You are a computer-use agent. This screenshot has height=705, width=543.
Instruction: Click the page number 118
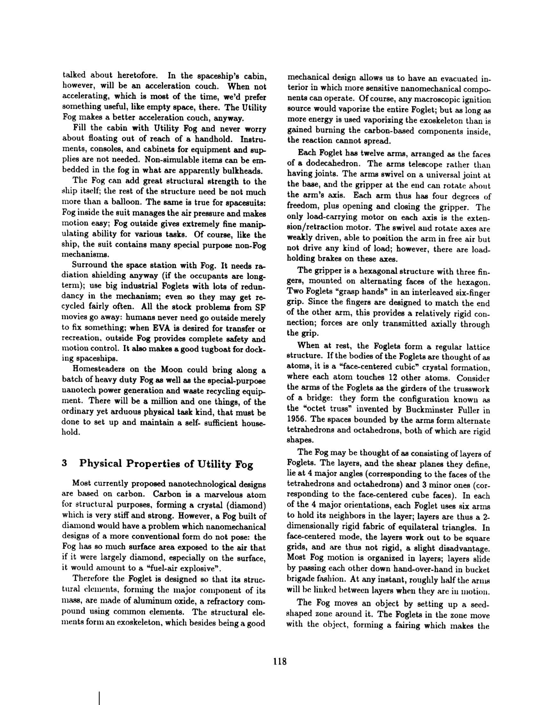tap(280, 661)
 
